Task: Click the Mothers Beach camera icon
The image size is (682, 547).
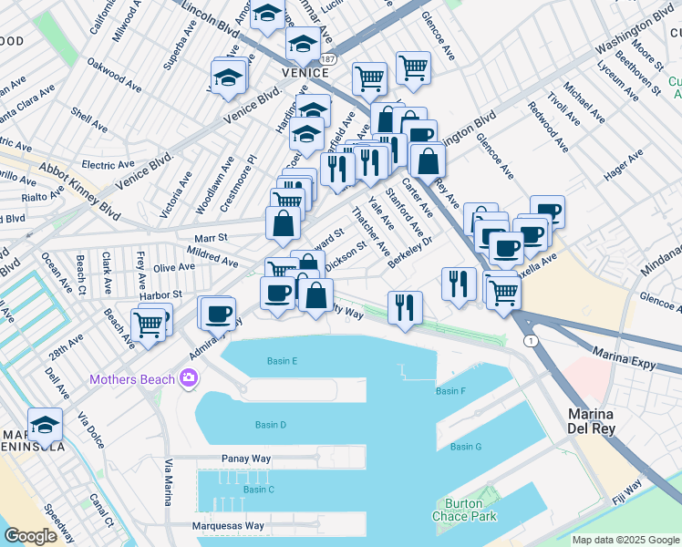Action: pyautogui.click(x=189, y=377)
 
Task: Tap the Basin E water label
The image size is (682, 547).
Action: pyautogui.click(x=283, y=361)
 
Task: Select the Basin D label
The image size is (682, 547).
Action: pyautogui.click(x=271, y=425)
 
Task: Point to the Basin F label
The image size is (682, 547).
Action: pyautogui.click(x=450, y=391)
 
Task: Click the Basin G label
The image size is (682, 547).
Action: pyautogui.click(x=465, y=447)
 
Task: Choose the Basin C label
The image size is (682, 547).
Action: pyautogui.click(x=258, y=490)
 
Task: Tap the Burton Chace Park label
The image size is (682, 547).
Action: pyautogui.click(x=465, y=510)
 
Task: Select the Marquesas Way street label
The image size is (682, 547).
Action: pyautogui.click(x=228, y=526)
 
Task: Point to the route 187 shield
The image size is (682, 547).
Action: pyautogui.click(x=329, y=58)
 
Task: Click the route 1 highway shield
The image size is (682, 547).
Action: pyautogui.click(x=530, y=340)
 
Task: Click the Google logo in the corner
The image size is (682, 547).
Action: pyautogui.click(x=31, y=536)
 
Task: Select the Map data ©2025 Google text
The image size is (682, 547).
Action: pyautogui.click(x=625, y=540)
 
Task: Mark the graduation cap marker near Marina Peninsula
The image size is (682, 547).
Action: pyautogui.click(x=45, y=424)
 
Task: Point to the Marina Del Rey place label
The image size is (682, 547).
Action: pyautogui.click(x=590, y=421)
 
